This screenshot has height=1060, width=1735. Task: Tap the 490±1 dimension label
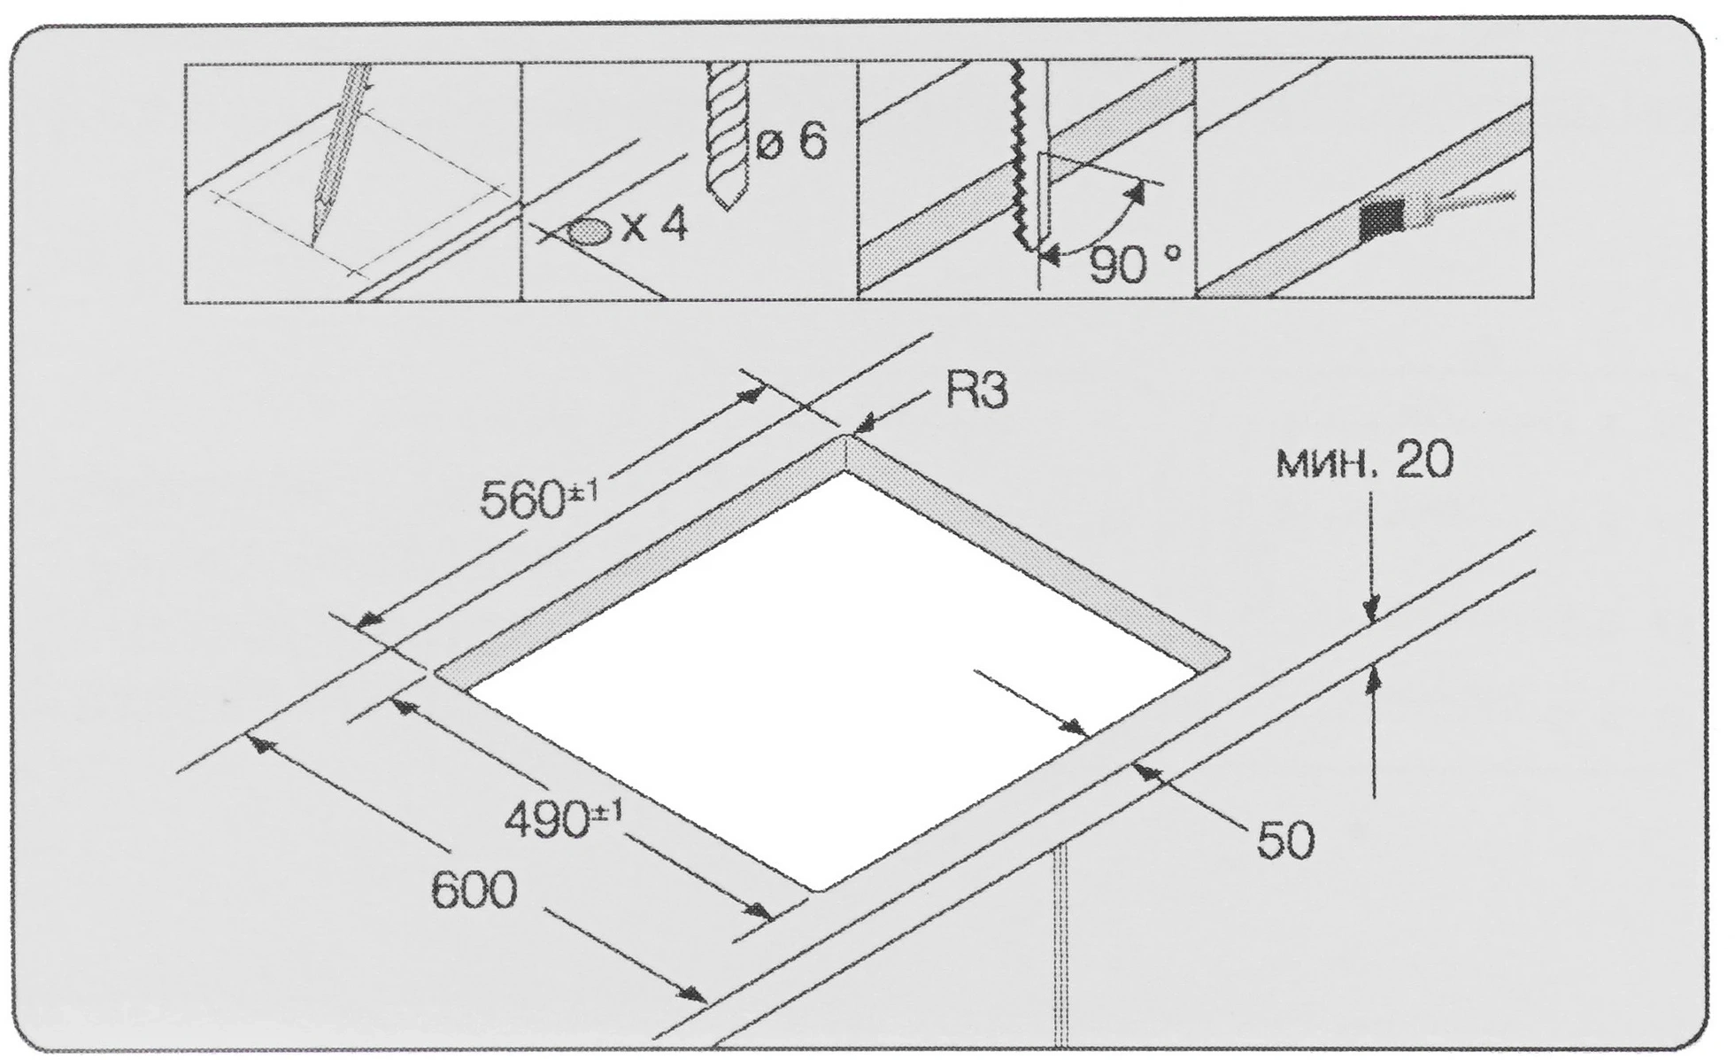[x=563, y=820]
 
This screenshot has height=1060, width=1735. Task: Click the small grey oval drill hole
[x=589, y=231]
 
